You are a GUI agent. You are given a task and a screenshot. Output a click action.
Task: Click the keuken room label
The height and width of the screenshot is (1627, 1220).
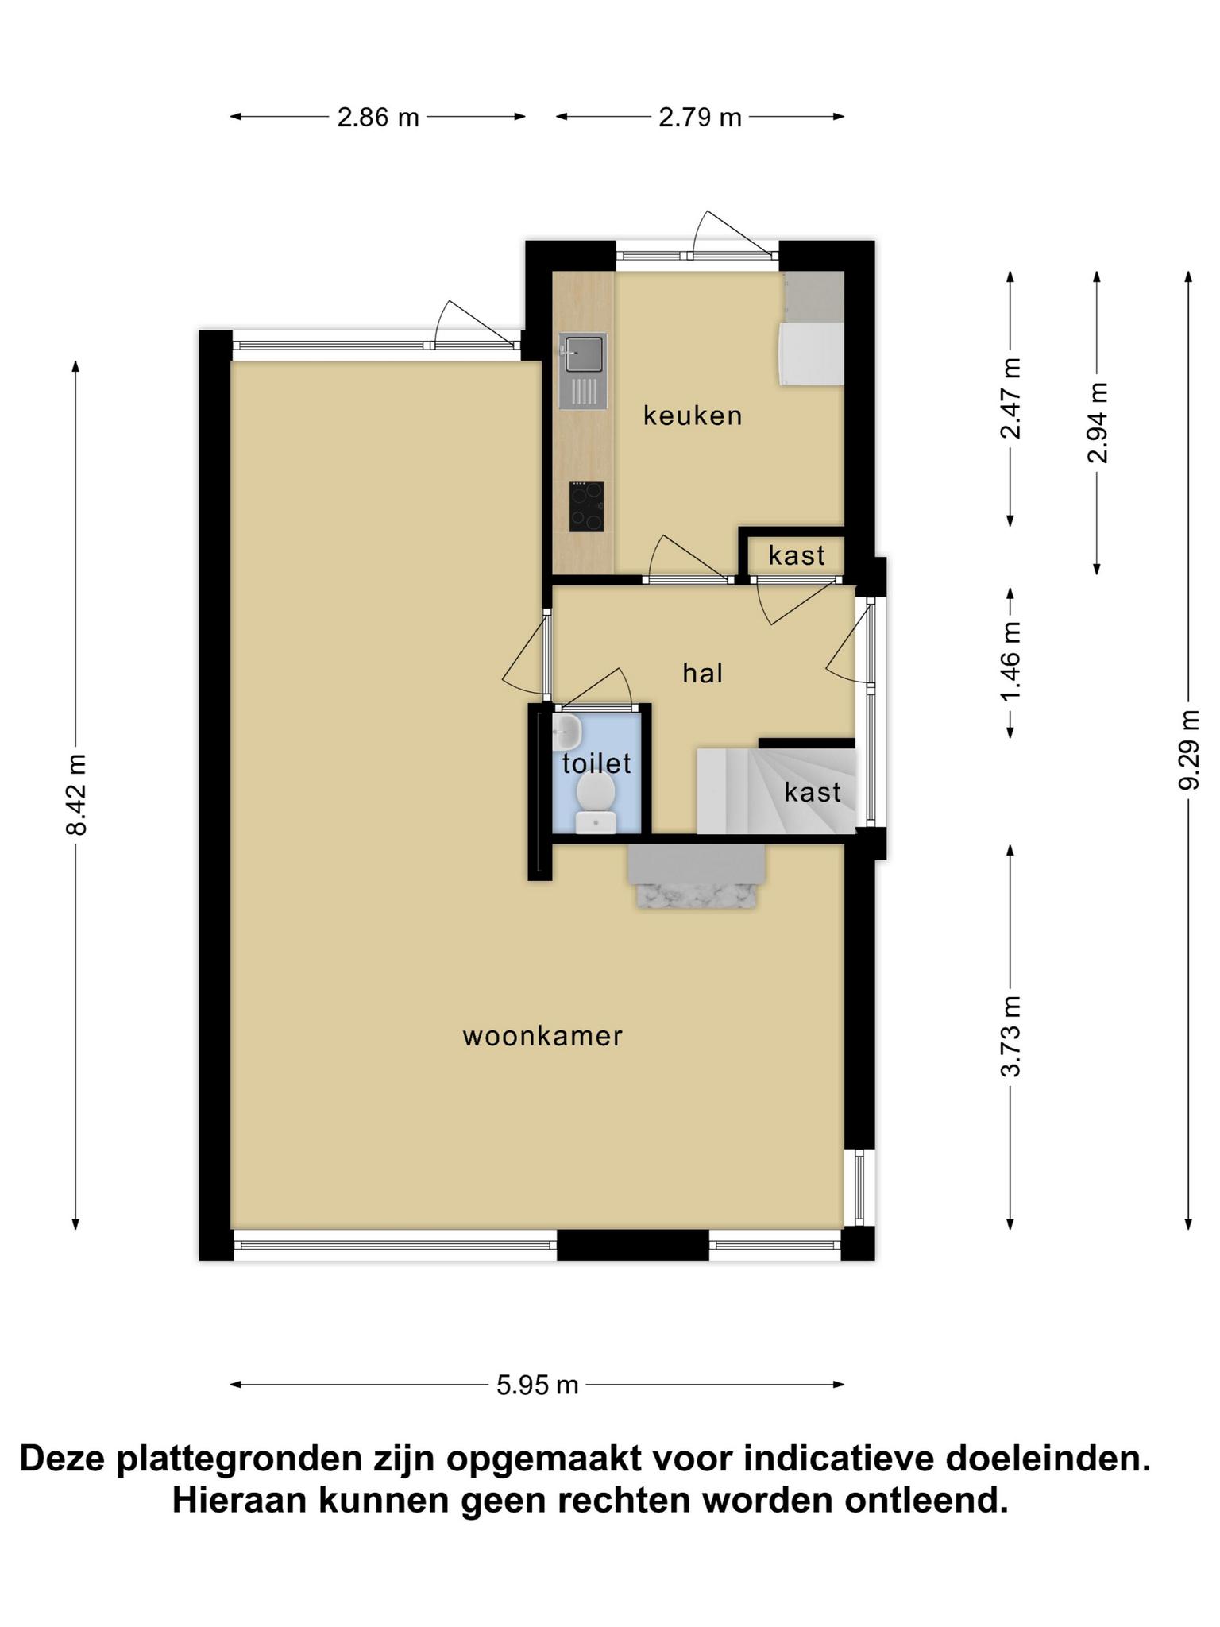coord(693,415)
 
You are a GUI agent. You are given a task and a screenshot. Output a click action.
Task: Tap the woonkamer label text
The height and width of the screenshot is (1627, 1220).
coord(542,1036)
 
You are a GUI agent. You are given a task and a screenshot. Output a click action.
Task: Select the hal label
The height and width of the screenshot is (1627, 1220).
coord(703,674)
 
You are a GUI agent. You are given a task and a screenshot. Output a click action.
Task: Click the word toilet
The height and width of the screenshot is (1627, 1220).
coord(596,763)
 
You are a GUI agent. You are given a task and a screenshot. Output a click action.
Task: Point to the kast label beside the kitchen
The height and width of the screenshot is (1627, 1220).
coord(797,555)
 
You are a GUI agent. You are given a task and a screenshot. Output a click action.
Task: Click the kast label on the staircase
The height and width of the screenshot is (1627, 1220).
coord(813,792)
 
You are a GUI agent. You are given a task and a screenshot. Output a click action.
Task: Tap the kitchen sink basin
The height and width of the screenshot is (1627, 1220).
coord(583,353)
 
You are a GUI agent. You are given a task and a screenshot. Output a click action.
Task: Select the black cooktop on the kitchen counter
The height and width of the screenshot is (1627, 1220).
coord(586,506)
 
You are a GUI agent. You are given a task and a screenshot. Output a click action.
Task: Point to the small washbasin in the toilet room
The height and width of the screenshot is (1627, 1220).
coord(566,732)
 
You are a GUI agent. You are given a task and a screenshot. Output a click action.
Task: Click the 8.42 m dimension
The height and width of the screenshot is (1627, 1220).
coord(76,794)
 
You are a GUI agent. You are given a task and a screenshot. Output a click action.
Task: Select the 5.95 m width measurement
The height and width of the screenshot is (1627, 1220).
coord(538,1385)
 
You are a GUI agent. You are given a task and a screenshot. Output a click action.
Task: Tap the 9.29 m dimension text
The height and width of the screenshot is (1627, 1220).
coord(1189,749)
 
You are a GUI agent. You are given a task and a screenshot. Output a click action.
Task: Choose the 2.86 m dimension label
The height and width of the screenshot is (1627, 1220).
coord(378,118)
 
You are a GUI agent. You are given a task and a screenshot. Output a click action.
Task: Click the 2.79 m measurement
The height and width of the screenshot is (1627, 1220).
coord(700,118)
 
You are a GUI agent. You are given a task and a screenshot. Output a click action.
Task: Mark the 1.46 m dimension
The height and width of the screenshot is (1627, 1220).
coord(1011,663)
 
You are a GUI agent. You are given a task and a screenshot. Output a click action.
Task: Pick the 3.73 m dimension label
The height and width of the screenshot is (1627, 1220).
coord(1011,1036)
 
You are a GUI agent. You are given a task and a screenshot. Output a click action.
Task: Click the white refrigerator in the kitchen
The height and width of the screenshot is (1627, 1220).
coord(811,354)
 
